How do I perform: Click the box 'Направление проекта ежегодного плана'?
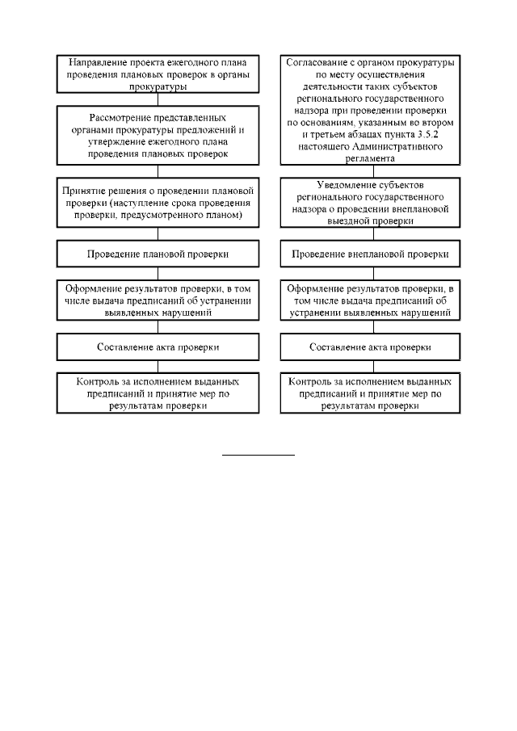[x=158, y=74]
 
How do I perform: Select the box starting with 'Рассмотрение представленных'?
[x=158, y=135]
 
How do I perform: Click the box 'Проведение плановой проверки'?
[x=158, y=254]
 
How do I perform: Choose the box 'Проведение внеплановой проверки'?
[x=370, y=254]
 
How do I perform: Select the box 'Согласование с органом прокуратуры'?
[x=370, y=107]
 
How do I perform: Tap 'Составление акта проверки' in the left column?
[x=158, y=347]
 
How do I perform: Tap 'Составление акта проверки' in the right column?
[x=370, y=347]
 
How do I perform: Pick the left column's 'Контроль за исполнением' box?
[x=158, y=393]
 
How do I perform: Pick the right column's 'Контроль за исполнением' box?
[x=370, y=393]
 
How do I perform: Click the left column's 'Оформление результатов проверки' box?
[x=158, y=300]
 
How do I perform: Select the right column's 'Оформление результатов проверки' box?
[x=370, y=300]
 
